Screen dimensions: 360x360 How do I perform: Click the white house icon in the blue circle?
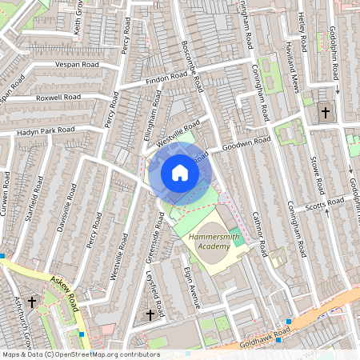[x=180, y=172]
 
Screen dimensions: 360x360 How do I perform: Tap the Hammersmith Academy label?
[x=210, y=242]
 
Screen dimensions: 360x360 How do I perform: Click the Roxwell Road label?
[x=59, y=98]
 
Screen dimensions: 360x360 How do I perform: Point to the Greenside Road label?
[x=159, y=236]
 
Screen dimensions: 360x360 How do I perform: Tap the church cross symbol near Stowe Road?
[x=326, y=113]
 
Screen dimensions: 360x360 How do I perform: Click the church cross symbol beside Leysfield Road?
[x=150, y=315]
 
